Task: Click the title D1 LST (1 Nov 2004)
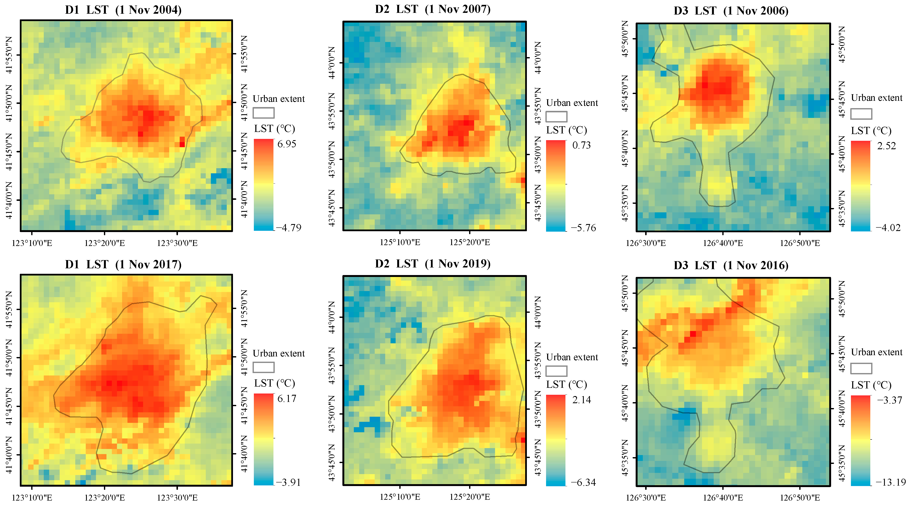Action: (123, 10)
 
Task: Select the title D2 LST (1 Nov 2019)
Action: (433, 264)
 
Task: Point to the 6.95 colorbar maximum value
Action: (287, 144)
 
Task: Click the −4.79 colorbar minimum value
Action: (289, 228)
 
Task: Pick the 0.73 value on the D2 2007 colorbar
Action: (581, 145)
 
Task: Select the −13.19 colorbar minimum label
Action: (891, 482)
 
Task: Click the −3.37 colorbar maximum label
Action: (889, 400)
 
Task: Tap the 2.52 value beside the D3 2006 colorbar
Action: (886, 146)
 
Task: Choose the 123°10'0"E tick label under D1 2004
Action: (32, 243)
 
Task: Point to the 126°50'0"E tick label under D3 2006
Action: (800, 243)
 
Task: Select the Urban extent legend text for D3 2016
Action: (876, 352)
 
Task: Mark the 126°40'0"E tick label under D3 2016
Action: (723, 498)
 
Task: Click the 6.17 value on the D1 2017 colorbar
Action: (287, 398)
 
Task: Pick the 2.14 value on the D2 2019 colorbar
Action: (581, 400)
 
